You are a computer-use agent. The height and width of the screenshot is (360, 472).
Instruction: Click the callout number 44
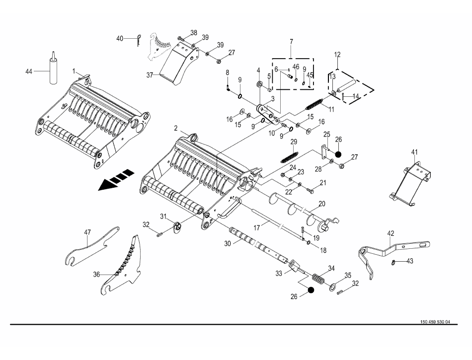29,72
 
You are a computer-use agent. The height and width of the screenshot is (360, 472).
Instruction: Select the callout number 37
149,76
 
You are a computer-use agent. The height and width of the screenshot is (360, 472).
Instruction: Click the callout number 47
87,232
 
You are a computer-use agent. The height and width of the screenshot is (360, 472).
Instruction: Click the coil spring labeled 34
318,279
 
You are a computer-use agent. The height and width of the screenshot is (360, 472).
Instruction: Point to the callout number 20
321,204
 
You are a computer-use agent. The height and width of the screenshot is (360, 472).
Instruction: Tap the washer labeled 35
331,288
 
